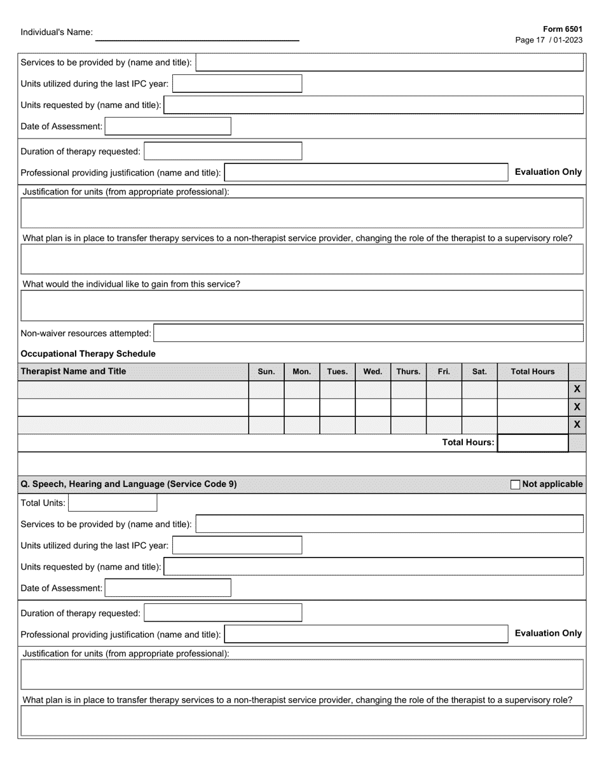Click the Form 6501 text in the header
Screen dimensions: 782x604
click(x=563, y=29)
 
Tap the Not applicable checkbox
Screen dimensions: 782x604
click(x=515, y=484)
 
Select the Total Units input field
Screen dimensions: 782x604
click(x=113, y=503)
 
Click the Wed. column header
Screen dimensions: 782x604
click(x=373, y=372)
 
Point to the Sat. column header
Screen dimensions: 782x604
click(x=479, y=372)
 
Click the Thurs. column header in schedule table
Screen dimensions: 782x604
click(x=408, y=372)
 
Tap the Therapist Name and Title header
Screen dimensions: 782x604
click(x=74, y=371)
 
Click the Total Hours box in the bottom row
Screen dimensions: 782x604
click(x=532, y=442)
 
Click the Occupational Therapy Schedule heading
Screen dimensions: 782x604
click(x=88, y=353)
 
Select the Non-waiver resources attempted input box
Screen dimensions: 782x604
click(x=369, y=333)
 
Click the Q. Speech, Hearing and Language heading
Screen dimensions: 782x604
click(x=129, y=484)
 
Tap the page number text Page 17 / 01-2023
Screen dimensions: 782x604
click(x=549, y=39)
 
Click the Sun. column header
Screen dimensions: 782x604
click(x=266, y=372)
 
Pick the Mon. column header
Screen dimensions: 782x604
click(x=301, y=372)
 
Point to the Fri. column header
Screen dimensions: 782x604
click(x=444, y=372)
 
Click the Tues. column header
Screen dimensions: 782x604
click(x=337, y=372)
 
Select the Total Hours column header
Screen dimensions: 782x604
click(x=532, y=372)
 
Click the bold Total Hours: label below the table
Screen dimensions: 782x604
click(x=468, y=442)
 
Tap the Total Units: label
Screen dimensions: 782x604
click(x=43, y=503)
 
